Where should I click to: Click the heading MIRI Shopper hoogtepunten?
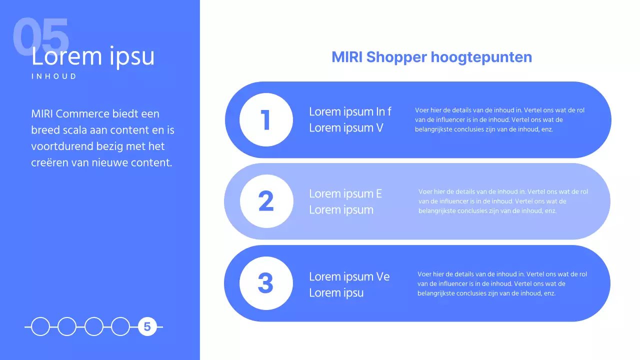(431, 57)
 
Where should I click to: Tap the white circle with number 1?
(266, 120)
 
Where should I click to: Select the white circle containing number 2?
(266, 201)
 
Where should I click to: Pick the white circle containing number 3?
(266, 283)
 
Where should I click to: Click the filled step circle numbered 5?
(147, 327)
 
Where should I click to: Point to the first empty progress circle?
(40, 327)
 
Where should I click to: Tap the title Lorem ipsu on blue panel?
(93, 56)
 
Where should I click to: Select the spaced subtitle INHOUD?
(54, 76)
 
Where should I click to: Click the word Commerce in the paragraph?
(85, 114)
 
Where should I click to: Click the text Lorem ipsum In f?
(350, 111)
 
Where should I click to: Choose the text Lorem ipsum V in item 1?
(346, 128)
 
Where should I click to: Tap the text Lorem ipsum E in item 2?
(345, 193)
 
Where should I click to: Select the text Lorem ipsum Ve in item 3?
(349, 276)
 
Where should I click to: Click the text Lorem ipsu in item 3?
(336, 293)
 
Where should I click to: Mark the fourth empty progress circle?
(120, 327)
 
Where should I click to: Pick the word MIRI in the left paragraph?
(43, 114)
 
